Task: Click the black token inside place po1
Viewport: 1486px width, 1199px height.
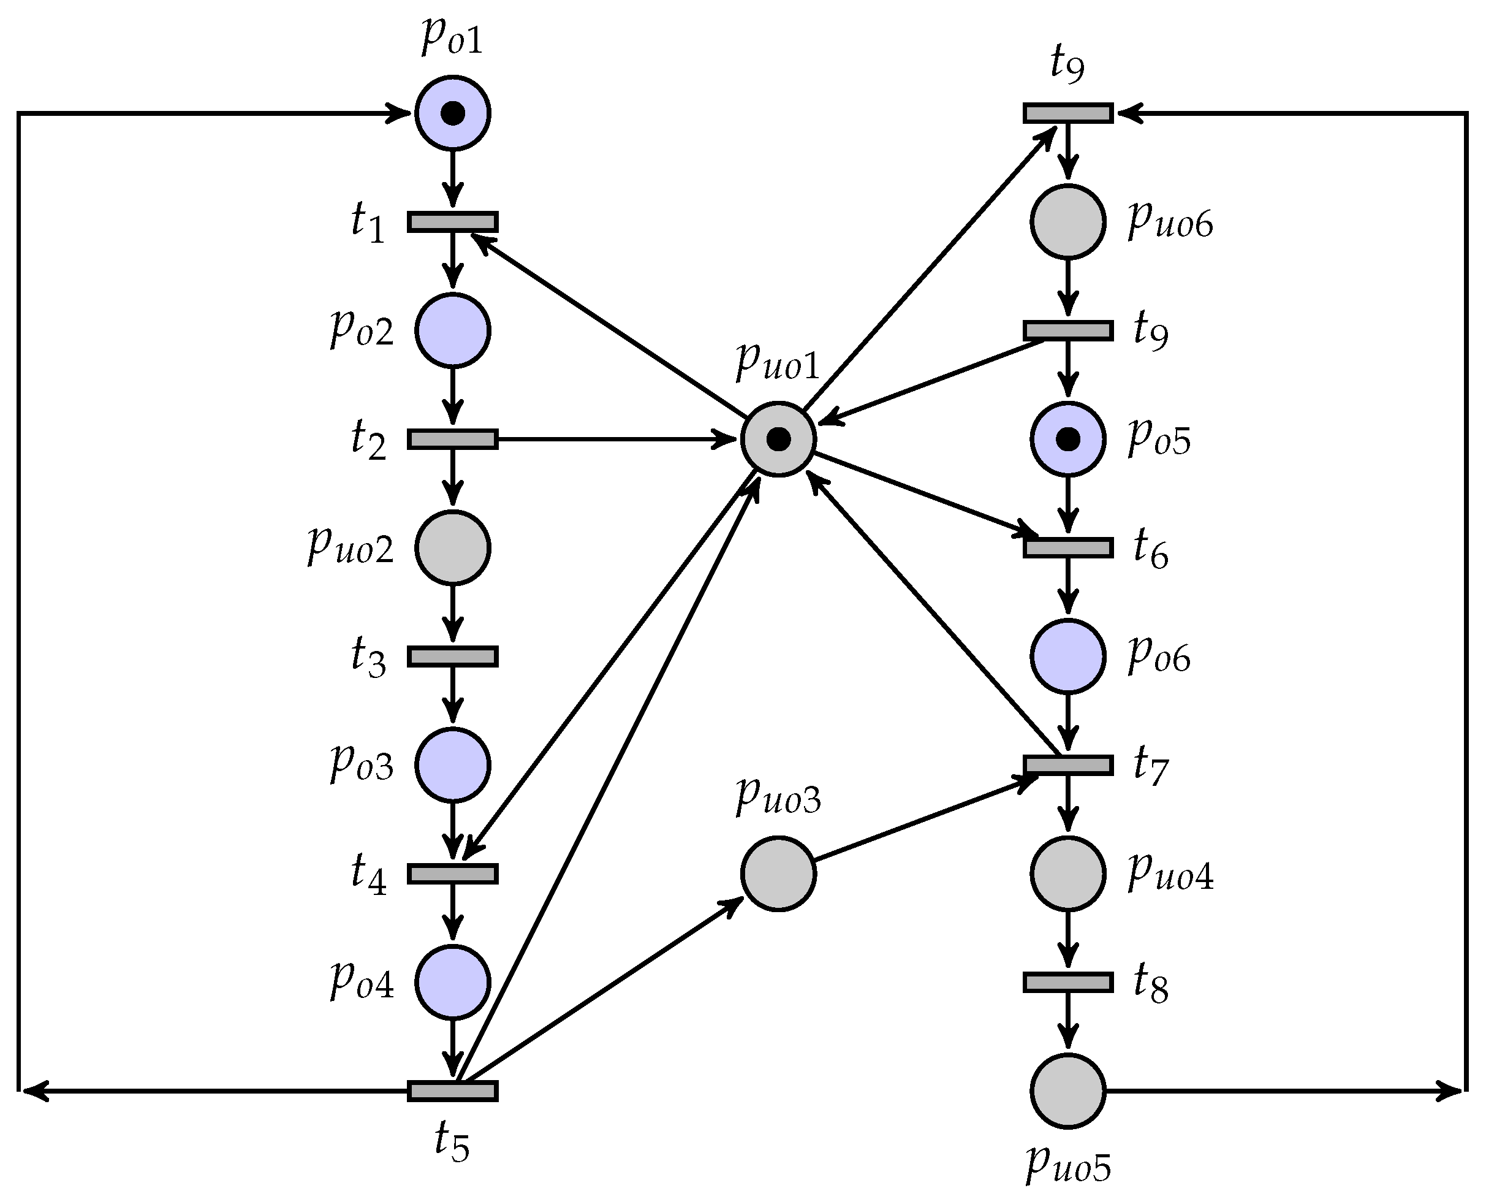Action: pos(452,113)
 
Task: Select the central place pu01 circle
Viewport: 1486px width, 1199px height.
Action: pos(778,438)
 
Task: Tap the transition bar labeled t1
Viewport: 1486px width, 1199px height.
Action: pos(452,222)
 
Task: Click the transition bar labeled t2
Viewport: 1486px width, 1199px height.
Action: pos(452,440)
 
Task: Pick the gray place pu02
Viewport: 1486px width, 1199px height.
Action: pos(452,547)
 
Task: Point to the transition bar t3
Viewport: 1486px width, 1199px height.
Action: pos(452,656)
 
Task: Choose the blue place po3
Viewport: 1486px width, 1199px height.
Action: pos(452,765)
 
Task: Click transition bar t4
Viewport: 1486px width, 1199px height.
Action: pos(452,874)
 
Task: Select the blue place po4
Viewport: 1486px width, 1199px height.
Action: pos(452,982)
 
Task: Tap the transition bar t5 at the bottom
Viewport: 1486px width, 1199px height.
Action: pos(452,1091)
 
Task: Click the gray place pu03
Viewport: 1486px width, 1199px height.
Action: pos(778,874)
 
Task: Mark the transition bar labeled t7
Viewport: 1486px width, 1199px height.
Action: pos(1067,764)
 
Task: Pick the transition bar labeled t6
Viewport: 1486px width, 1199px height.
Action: pos(1067,547)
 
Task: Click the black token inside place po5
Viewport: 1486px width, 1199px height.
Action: pos(1067,438)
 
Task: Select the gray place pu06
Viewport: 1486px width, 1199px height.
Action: pos(1067,222)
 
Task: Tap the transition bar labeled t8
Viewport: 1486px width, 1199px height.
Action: pos(1067,982)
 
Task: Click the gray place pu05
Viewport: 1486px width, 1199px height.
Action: pos(1067,1091)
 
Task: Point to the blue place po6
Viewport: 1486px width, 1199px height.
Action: pos(1067,656)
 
